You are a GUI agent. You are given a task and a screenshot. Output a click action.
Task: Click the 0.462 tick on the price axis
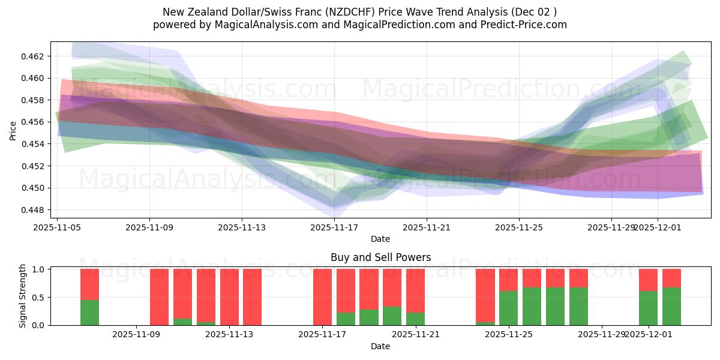(35, 56)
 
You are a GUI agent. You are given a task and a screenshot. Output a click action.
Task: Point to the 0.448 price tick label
(35, 210)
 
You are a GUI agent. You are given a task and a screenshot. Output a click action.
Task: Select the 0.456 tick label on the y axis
(35, 122)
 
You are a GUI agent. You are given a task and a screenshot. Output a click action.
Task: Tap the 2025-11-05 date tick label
(58, 227)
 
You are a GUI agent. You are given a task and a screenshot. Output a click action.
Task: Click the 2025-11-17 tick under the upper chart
(334, 227)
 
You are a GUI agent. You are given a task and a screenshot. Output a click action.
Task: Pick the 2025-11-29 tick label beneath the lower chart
(602, 335)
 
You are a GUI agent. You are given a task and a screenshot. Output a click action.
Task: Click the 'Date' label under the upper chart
(380, 239)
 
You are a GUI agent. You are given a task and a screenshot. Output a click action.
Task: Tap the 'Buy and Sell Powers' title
(380, 257)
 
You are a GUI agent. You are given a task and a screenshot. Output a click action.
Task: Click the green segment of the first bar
(89, 312)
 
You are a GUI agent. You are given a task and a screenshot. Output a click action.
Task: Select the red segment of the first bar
(89, 284)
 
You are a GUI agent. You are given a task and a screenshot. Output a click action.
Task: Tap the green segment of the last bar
(671, 306)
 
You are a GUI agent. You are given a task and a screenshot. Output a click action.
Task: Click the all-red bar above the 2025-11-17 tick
(322, 297)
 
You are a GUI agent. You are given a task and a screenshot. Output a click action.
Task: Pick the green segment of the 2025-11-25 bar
(508, 308)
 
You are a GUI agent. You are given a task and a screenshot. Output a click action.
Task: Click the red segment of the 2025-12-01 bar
(648, 280)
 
